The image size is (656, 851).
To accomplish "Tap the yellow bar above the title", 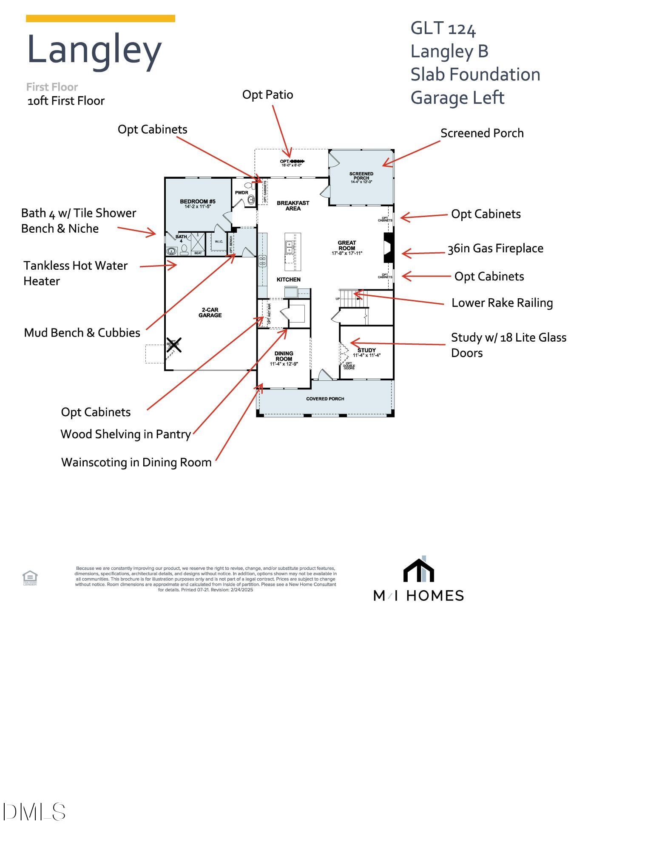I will click(x=100, y=18).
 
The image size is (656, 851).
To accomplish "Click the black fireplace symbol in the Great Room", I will click(x=388, y=248).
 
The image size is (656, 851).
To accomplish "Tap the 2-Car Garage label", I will click(x=210, y=312).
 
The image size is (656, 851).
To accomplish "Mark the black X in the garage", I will click(x=174, y=344).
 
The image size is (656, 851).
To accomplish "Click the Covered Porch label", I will click(x=325, y=399).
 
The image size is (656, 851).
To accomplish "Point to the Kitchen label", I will click(x=289, y=280).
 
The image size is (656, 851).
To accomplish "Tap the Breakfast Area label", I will click(x=293, y=206).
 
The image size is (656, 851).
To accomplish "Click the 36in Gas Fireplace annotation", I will click(x=495, y=248).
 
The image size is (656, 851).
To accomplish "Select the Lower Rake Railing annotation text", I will click(x=502, y=303).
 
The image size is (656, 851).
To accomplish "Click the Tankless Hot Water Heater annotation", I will click(x=75, y=273).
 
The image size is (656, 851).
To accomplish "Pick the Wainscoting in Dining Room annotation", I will click(x=136, y=462).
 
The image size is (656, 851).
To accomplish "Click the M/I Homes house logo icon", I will click(x=418, y=569).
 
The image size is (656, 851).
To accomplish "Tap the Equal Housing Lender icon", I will click(x=30, y=577).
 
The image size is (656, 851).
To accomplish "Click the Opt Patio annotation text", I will click(x=267, y=94).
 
